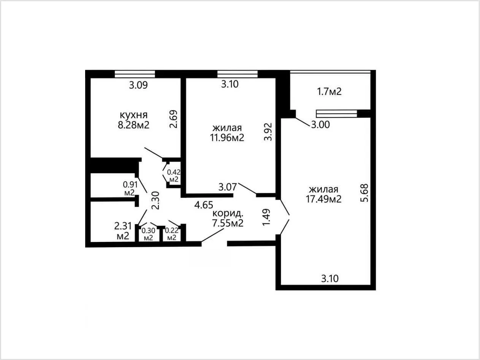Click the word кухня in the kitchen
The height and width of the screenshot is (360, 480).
(134, 115)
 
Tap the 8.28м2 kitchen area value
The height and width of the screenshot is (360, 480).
(134, 125)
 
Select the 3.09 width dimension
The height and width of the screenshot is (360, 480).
(138, 85)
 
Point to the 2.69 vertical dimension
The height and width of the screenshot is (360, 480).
(173, 119)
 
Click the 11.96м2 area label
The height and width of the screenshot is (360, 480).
(227, 138)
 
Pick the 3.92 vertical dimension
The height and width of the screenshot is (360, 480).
(268, 132)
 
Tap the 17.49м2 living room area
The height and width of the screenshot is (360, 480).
(323, 199)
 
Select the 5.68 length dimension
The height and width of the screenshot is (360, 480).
(364, 193)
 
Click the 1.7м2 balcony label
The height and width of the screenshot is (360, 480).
(329, 92)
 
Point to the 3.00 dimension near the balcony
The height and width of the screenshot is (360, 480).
(320, 125)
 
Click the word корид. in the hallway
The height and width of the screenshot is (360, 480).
(228, 213)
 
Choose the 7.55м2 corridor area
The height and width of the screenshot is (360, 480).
(228, 223)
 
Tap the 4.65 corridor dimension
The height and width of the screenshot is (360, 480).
(204, 205)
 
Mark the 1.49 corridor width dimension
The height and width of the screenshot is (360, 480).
(266, 217)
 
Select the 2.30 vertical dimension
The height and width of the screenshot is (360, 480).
(155, 201)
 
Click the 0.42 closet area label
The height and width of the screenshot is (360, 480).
(174, 172)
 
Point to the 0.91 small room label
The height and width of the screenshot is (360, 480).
(130, 185)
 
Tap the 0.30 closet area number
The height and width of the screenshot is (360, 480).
(148, 231)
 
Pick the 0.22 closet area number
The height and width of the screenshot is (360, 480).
(171, 231)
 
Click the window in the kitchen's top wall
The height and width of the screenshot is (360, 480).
(135, 74)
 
